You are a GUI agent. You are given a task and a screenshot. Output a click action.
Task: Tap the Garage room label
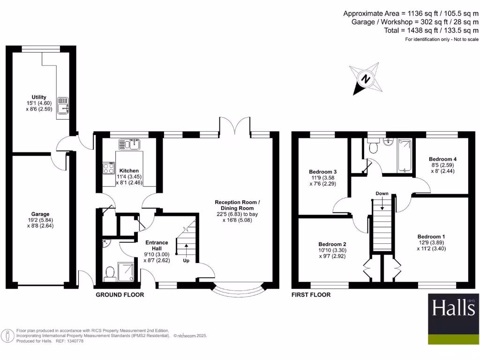point(40,214)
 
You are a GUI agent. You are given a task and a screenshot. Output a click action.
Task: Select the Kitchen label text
point(129,171)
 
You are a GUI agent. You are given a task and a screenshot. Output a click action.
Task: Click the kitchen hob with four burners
point(109,168)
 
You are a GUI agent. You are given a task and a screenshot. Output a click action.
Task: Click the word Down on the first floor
point(382,193)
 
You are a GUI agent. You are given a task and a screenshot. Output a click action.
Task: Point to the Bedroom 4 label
point(442,159)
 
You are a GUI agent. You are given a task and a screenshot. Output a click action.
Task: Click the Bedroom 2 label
point(332,244)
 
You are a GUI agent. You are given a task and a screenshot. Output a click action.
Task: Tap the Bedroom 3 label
point(323,171)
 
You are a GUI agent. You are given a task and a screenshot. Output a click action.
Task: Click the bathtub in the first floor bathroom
point(404,156)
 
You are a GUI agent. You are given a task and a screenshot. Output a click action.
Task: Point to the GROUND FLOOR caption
point(120,295)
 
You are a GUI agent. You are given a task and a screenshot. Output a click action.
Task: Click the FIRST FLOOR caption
point(311,295)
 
